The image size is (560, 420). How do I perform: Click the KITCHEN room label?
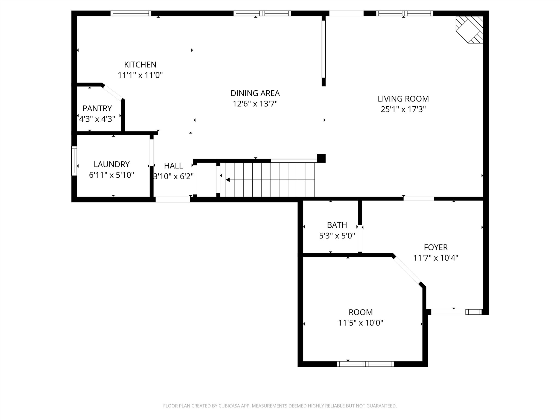140,65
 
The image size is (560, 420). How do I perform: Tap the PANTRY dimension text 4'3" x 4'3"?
97,119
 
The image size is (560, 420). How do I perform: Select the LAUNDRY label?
112,164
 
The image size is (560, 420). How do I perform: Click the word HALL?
173,166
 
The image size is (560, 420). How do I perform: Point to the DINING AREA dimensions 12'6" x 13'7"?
255,104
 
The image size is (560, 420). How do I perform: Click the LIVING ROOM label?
403,99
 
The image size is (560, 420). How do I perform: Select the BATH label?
337,225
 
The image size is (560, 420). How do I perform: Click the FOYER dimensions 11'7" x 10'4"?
436,258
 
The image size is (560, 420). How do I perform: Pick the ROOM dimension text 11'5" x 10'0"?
361,323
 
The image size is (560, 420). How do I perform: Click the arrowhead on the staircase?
227,180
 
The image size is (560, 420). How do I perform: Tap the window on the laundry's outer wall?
74,161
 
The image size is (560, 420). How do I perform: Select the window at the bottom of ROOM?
365,364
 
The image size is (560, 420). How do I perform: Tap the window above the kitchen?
131,13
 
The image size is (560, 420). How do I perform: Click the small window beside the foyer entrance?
474,312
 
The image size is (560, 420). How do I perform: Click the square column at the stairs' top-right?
321,158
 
